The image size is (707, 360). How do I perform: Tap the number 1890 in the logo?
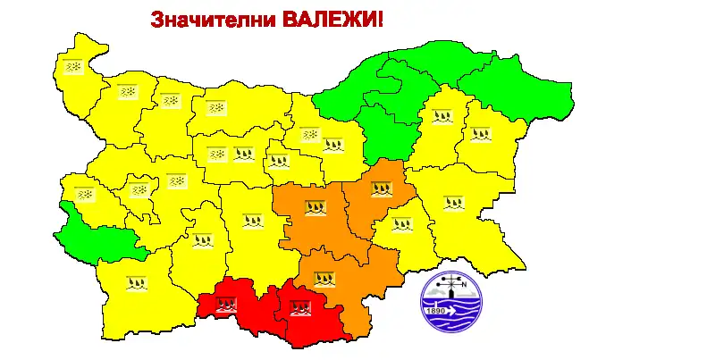(436, 310)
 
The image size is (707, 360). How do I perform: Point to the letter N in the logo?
(475, 287)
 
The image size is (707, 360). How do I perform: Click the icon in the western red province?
(227, 303)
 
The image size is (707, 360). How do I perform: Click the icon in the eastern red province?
(299, 310)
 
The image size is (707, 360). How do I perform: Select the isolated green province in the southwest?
(89, 235)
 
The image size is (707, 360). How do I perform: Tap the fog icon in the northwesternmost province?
(73, 67)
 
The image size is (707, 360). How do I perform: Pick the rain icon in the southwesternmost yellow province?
(136, 283)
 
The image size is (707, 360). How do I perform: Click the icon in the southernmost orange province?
(324, 277)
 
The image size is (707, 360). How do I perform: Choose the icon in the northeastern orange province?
(382, 188)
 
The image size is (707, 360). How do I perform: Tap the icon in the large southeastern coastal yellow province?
(454, 202)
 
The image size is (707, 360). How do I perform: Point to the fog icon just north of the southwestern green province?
(84, 193)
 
